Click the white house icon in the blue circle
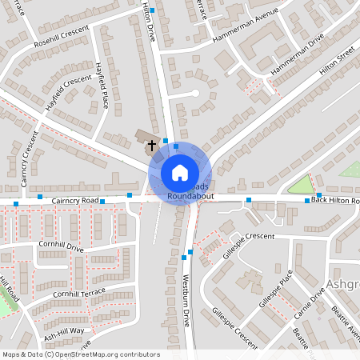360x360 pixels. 179,172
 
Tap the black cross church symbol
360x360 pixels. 152,146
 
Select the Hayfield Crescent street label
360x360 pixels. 69,93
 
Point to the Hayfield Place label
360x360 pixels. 102,86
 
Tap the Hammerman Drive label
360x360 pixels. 297,55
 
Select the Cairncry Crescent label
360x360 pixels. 30,159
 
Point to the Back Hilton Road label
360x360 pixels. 335,198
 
